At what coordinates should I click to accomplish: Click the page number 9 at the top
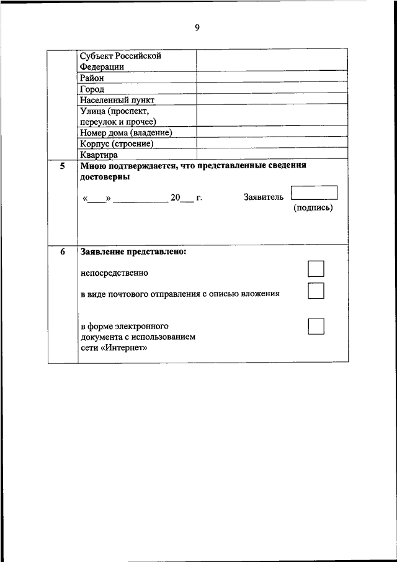point(197,27)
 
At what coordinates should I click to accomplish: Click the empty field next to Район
point(272,78)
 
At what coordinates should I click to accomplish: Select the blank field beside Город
point(272,89)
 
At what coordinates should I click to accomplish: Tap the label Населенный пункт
point(117,99)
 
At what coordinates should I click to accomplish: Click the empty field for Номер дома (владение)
point(272,133)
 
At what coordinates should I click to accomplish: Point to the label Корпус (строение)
point(117,143)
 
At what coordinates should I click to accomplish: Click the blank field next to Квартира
point(272,155)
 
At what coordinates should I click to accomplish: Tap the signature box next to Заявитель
point(314,193)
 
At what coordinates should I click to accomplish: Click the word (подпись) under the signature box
point(313,208)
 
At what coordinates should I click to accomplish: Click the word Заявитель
point(264,197)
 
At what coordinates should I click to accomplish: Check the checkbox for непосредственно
point(316,269)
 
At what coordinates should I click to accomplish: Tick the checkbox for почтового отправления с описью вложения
point(316,291)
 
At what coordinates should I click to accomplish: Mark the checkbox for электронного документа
point(316,326)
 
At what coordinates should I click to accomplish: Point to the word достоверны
point(105,177)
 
